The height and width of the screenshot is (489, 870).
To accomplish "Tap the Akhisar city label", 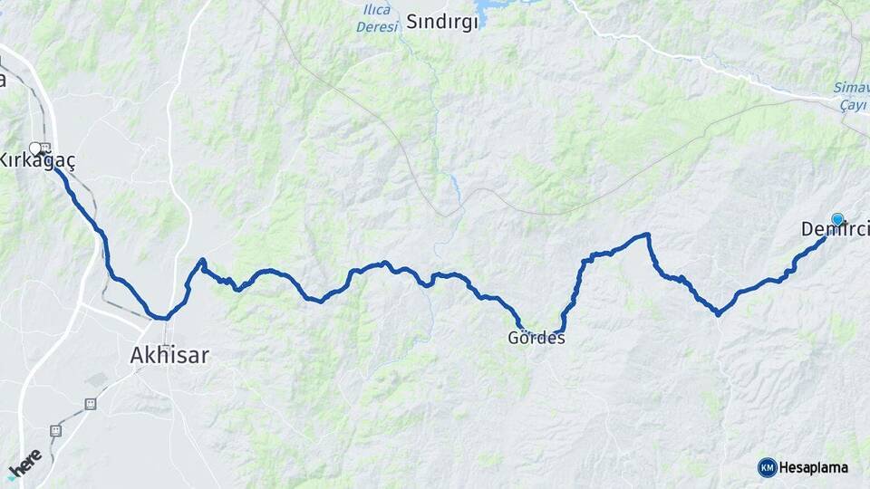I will click(x=169, y=356).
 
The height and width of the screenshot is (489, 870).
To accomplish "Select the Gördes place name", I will click(x=537, y=339).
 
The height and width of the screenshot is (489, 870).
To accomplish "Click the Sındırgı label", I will click(x=441, y=23).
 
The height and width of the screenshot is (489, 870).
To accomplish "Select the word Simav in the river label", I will click(x=851, y=88).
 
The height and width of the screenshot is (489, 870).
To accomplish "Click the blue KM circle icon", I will click(x=767, y=467).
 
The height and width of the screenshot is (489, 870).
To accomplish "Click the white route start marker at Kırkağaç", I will click(x=35, y=148).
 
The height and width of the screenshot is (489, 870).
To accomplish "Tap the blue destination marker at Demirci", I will click(x=837, y=219).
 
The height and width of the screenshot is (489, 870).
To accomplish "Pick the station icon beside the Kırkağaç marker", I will click(x=46, y=148).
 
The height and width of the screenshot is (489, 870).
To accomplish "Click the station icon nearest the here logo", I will click(x=55, y=431).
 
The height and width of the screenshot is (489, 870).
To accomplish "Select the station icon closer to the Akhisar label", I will click(x=90, y=404).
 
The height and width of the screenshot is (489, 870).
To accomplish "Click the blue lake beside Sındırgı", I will click(x=494, y=12).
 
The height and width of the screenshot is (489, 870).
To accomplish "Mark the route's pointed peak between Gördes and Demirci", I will click(x=647, y=235).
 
